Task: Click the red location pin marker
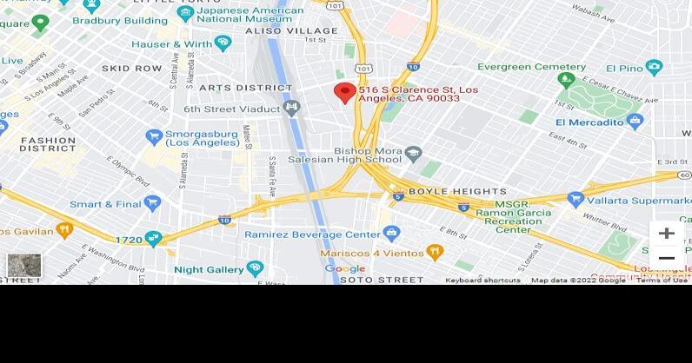coord(345,93)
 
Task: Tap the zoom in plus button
coord(666,234)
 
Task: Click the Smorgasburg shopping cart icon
coord(155,135)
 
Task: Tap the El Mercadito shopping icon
coord(635,122)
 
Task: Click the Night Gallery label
coord(209,269)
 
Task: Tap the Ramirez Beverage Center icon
coord(392,234)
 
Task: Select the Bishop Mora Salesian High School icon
coord(414,154)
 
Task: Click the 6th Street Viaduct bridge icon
coord(291,109)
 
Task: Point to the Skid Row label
coord(132,68)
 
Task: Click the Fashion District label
coord(48,143)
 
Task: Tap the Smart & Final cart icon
coord(153,203)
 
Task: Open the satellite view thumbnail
coord(23,265)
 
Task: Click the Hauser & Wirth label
coord(171,43)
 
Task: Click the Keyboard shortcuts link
coord(482,280)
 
